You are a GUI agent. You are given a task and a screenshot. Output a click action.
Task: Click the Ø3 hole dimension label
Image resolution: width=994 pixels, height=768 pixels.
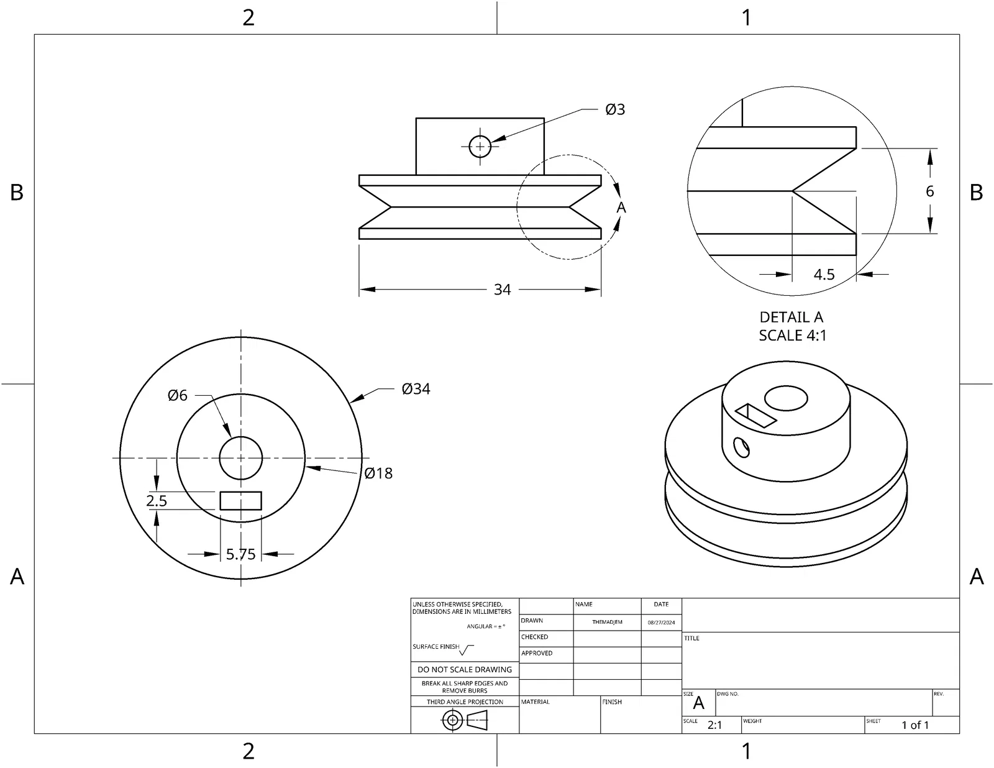(x=615, y=109)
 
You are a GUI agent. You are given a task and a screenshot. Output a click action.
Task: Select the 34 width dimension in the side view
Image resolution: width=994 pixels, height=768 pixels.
(x=502, y=290)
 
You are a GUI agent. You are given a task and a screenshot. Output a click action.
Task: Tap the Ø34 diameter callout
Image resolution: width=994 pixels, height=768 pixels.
(x=416, y=389)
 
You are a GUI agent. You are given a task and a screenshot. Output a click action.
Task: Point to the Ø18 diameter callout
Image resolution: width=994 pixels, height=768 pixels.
(x=378, y=473)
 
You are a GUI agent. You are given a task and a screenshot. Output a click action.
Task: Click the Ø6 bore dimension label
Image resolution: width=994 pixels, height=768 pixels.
(x=178, y=395)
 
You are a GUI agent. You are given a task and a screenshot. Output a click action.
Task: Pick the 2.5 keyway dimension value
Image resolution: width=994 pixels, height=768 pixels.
(x=157, y=501)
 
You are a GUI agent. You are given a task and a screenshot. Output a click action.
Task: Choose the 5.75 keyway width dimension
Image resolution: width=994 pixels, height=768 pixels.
(x=240, y=554)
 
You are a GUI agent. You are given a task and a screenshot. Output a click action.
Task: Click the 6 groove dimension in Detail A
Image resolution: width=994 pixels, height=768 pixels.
(x=929, y=191)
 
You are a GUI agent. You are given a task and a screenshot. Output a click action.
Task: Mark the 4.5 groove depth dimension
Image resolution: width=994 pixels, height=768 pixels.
(x=824, y=275)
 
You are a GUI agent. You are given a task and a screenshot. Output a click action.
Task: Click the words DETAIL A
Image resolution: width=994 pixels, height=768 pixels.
(x=791, y=317)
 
